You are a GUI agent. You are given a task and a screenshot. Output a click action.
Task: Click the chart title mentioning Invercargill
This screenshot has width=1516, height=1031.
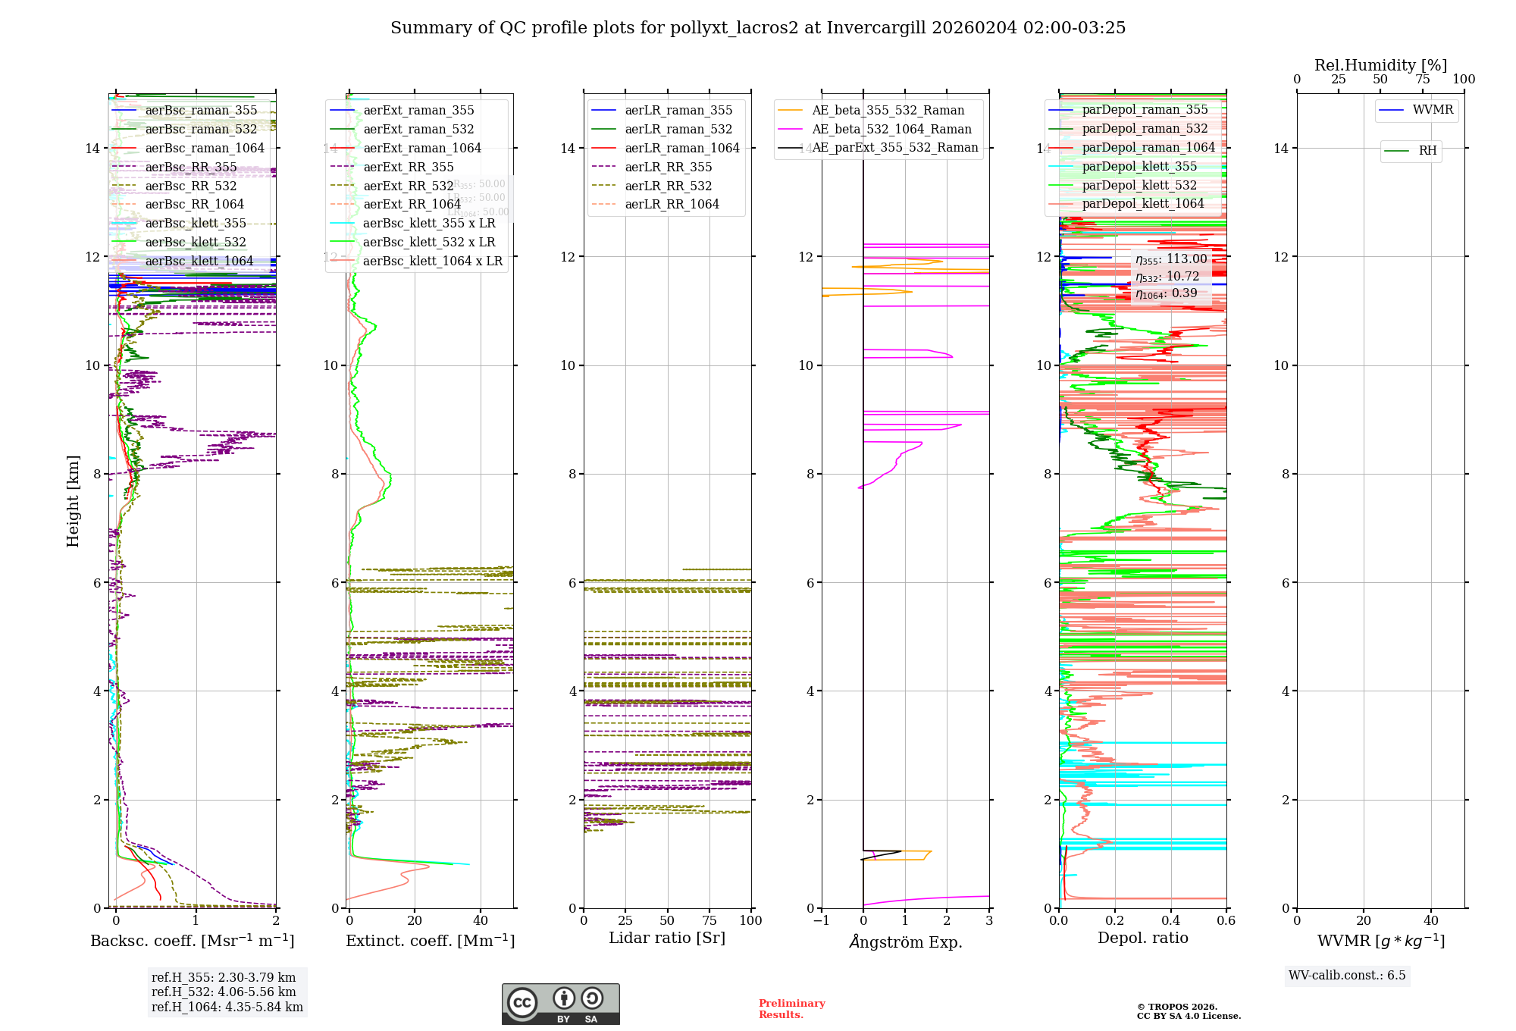coord(758,28)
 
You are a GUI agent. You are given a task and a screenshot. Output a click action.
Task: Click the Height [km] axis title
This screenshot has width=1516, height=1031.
coord(73,501)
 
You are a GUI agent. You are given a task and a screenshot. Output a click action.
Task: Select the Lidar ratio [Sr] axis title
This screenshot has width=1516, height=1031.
coord(667,939)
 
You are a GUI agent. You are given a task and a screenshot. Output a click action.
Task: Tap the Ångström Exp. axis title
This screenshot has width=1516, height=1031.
coord(906,942)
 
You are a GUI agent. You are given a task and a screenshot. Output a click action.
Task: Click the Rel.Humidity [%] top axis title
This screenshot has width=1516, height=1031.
coord(1380,65)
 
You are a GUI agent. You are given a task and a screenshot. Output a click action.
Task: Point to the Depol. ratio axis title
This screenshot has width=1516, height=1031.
coord(1143,939)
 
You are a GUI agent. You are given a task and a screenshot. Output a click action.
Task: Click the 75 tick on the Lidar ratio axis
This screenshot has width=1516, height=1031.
coord(709,921)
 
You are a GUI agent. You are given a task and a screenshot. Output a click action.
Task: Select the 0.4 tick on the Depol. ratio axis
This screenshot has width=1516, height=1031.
coord(1171,921)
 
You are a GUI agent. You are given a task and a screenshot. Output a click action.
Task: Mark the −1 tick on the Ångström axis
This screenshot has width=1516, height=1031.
coord(821,921)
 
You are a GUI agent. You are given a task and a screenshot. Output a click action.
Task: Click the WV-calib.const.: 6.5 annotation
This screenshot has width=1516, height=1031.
coord(1347,976)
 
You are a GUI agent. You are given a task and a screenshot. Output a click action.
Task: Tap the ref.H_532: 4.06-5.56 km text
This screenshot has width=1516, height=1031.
coord(224,992)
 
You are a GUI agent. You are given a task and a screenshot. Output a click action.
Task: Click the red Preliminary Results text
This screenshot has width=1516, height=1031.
coord(791,1009)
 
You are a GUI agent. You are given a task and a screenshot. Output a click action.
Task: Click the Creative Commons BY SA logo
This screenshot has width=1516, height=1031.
coord(560,1004)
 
